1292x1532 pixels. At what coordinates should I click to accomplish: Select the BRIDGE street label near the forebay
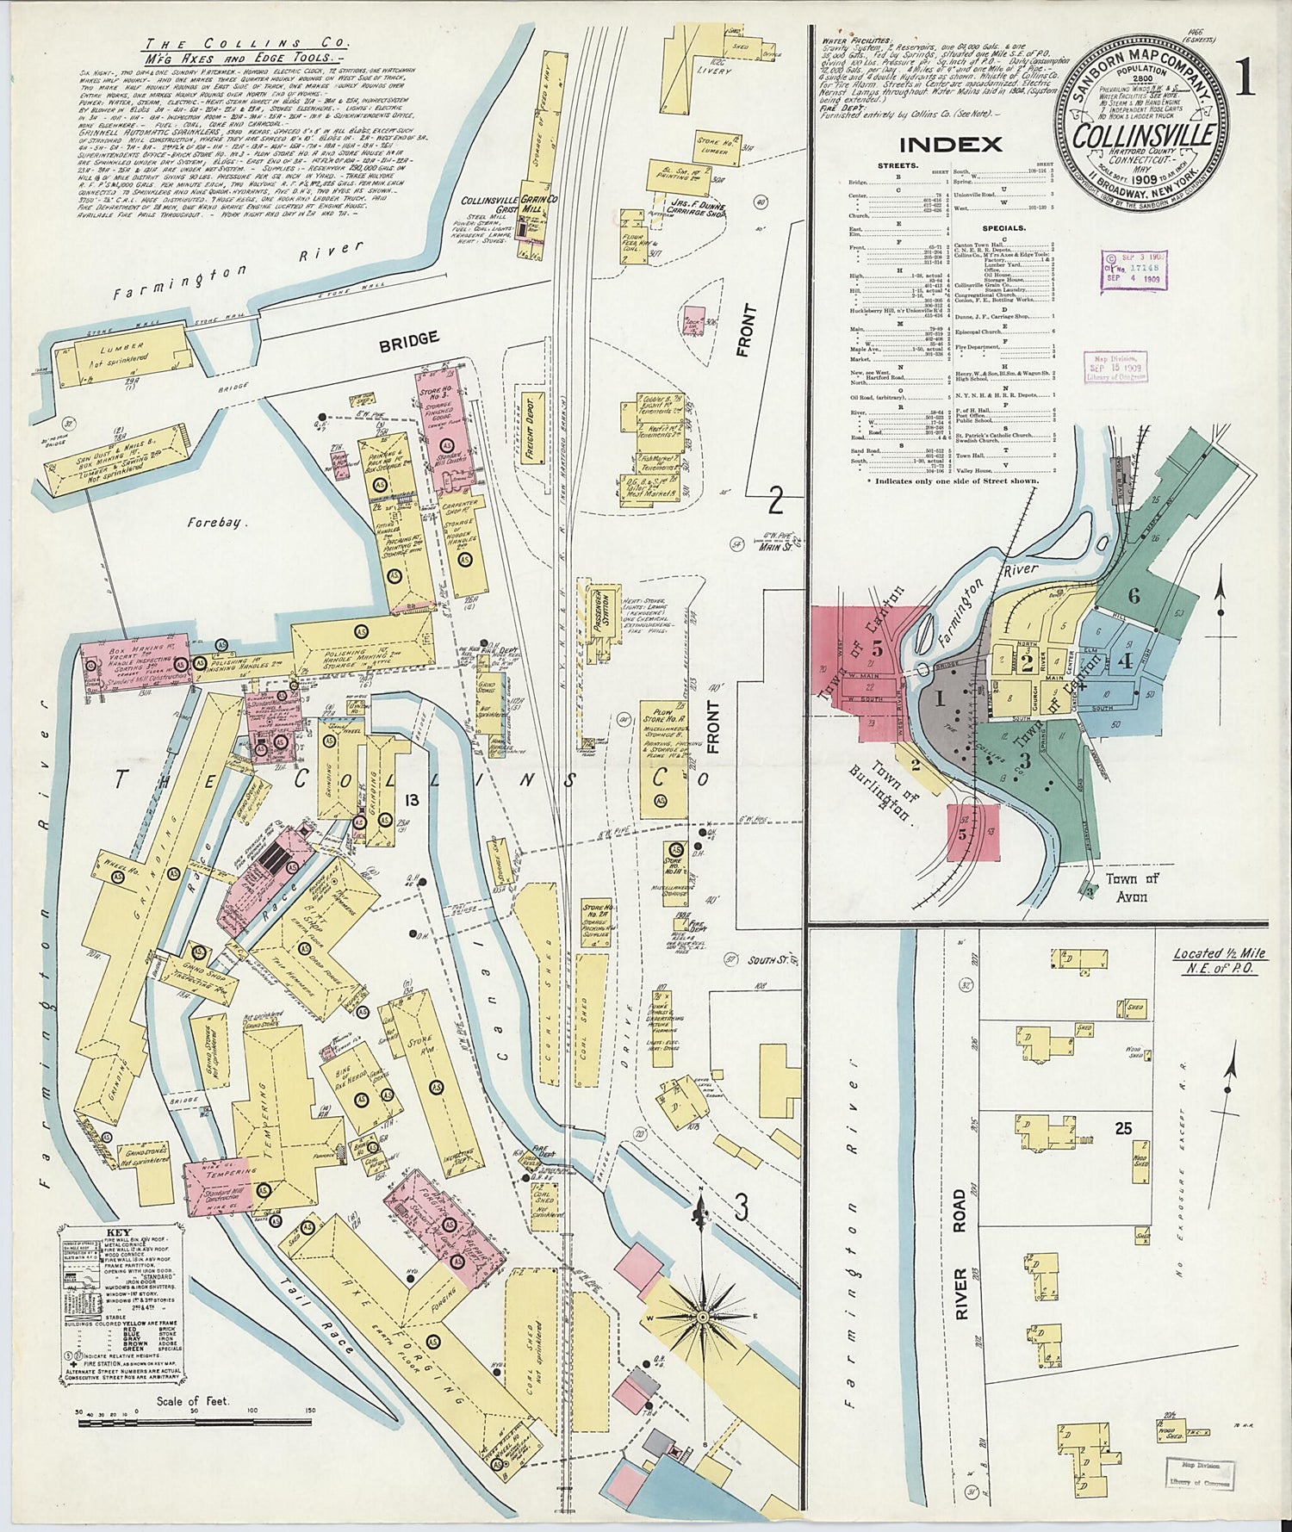point(408,339)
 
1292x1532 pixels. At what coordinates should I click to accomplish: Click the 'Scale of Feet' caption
point(194,1401)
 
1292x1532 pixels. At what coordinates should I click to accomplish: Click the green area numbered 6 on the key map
point(1134,595)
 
